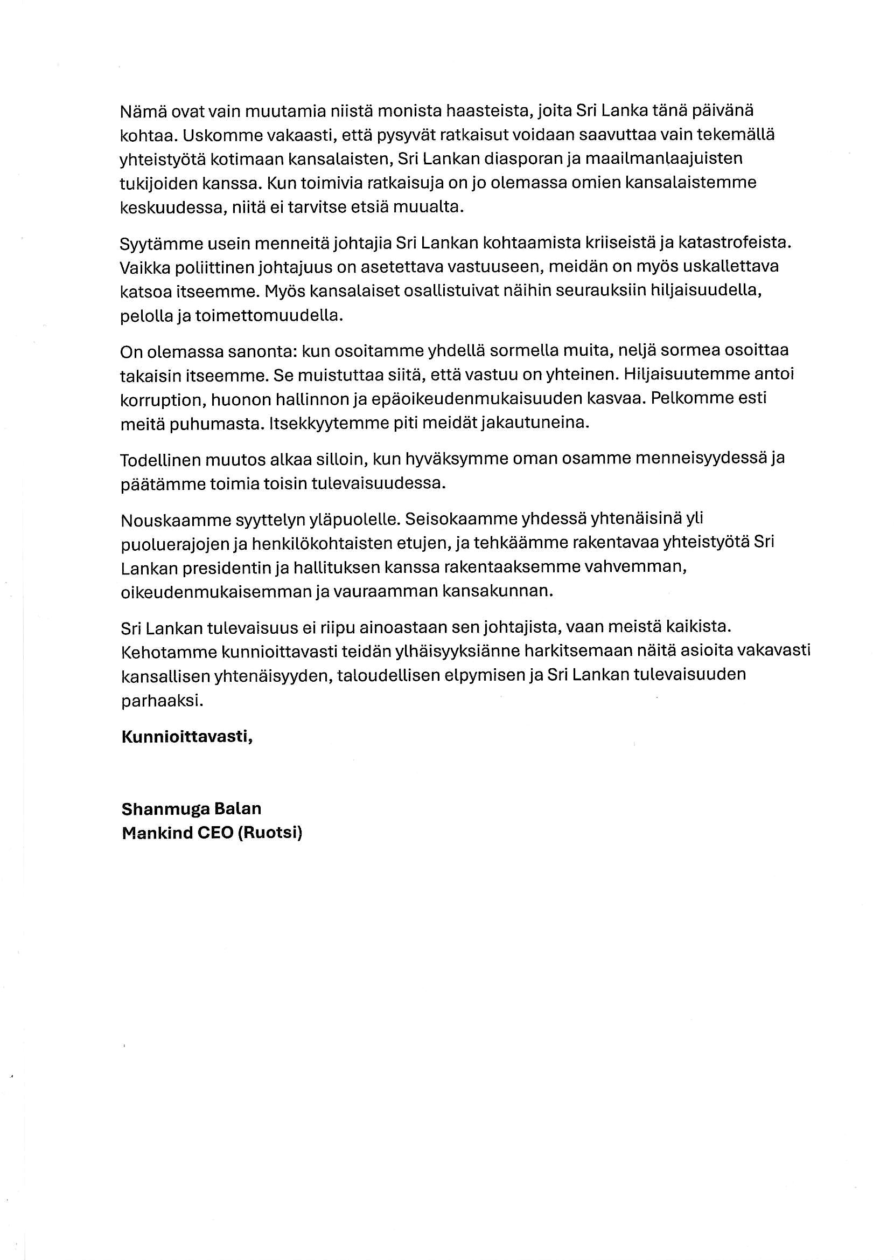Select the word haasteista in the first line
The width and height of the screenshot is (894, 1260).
(x=487, y=111)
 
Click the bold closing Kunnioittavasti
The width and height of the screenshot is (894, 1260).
(x=187, y=737)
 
